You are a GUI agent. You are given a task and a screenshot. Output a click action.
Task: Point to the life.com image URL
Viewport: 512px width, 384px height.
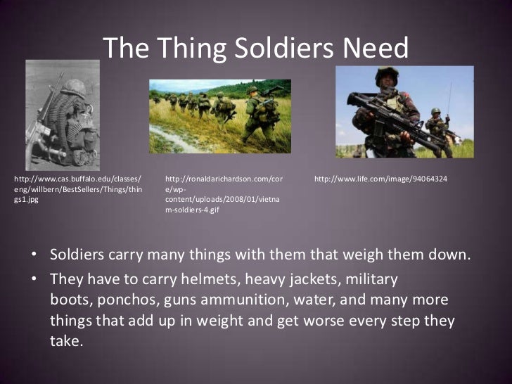[380, 181]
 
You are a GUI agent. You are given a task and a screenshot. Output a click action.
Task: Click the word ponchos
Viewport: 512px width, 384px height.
[128, 300]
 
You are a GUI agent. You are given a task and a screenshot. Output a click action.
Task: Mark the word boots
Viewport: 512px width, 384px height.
[69, 300]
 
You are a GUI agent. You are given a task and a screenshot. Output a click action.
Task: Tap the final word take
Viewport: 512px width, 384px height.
[66, 342]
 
